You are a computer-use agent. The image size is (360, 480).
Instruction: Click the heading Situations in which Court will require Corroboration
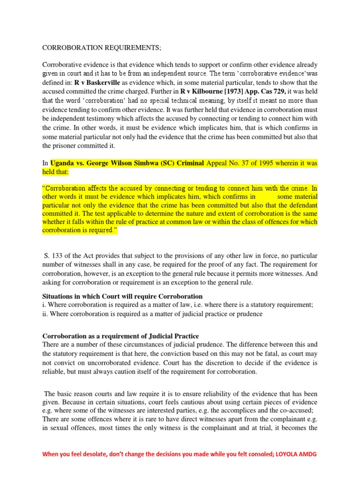point(123,296)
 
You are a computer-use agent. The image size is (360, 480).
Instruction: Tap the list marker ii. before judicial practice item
point(46,314)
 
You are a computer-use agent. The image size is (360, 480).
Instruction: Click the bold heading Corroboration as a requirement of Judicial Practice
point(121,336)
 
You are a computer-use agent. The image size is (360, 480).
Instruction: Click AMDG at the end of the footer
point(308,455)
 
